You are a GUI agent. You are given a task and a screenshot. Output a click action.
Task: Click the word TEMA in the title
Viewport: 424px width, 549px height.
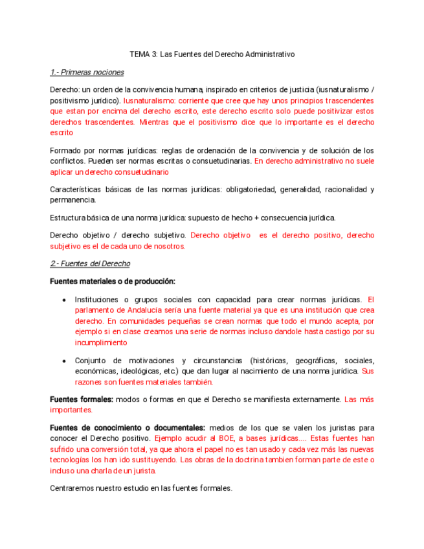click(139, 54)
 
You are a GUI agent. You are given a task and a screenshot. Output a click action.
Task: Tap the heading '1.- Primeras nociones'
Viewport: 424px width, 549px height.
click(87, 72)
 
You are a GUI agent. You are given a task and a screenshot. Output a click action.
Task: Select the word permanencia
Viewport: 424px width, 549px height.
click(72, 200)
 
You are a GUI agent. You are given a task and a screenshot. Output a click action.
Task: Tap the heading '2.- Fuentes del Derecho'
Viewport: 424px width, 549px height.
click(90, 263)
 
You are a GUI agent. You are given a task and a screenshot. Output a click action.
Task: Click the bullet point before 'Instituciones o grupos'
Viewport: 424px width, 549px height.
click(63, 300)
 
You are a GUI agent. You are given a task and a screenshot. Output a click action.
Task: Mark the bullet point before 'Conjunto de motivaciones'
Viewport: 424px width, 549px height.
click(63, 361)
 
